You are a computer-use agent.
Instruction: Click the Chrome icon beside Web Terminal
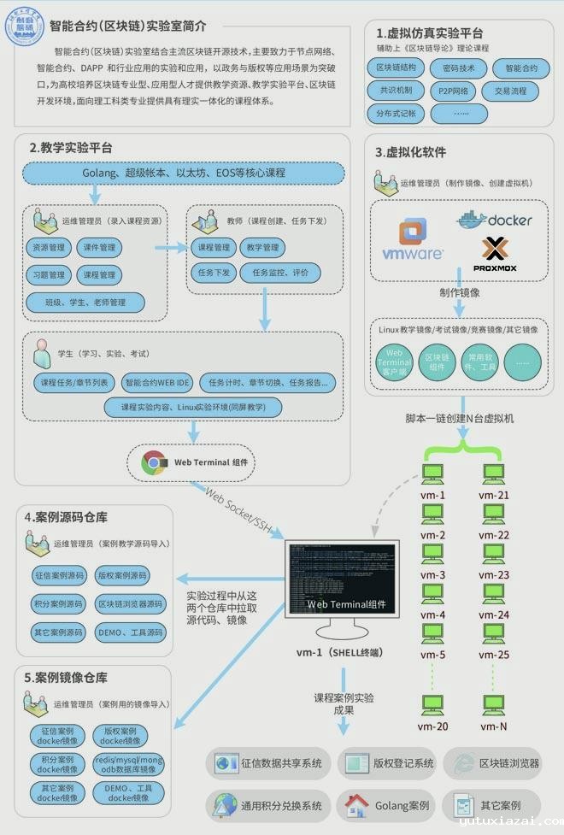tap(154, 462)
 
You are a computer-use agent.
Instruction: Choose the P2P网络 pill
tap(453, 90)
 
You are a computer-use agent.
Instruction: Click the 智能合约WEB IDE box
tap(157, 382)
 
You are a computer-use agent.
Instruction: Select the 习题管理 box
tap(49, 275)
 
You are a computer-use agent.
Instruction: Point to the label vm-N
tap(494, 726)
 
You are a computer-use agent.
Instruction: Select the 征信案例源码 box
tap(58, 575)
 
